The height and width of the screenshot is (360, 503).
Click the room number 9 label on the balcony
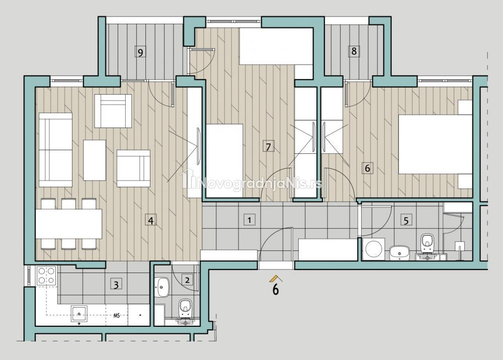140,52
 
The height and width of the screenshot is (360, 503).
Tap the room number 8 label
354,51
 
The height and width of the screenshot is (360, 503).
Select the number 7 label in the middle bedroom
268,147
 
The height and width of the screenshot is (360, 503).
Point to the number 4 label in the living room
151,221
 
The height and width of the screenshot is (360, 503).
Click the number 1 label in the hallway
249,220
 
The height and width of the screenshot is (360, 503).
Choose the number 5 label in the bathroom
406,221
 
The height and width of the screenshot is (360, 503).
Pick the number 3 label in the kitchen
116,285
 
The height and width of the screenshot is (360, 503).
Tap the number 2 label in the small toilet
187,280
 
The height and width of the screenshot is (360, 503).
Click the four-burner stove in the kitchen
46,276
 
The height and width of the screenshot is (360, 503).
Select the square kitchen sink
79,314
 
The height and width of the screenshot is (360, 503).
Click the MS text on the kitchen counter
117,316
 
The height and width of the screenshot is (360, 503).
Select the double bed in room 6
435,144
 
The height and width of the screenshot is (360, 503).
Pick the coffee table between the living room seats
95,160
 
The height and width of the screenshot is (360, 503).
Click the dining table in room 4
68,224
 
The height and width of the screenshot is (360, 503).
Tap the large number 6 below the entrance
276,290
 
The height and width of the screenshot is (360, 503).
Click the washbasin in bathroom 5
399,252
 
